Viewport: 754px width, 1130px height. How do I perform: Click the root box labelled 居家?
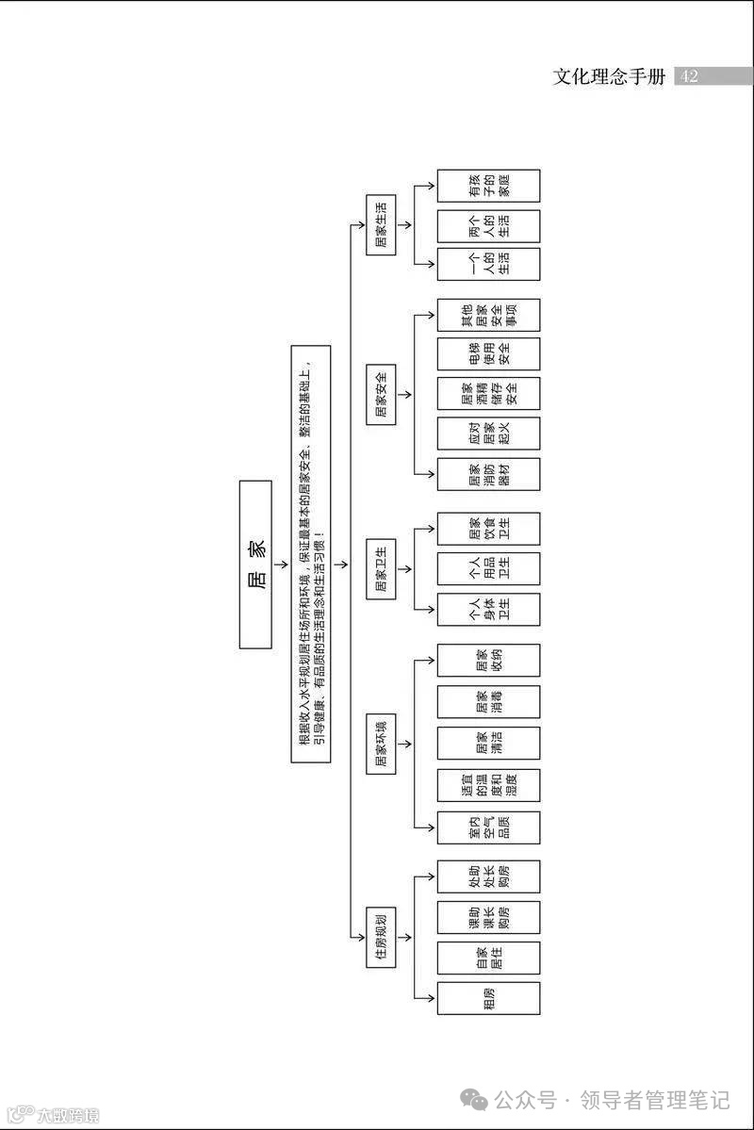click(x=255, y=564)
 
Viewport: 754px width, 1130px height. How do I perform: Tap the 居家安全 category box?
click(x=380, y=393)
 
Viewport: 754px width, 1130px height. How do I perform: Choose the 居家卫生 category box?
click(x=380, y=568)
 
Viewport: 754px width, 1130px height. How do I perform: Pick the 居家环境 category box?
click(x=380, y=745)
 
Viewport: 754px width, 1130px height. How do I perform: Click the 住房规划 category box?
click(x=380, y=937)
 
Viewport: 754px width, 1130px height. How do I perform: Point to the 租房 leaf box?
click(x=488, y=998)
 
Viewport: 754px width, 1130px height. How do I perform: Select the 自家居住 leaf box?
click(x=488, y=958)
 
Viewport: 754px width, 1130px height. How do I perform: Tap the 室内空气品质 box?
click(x=488, y=827)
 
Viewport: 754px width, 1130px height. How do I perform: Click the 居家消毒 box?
click(x=488, y=701)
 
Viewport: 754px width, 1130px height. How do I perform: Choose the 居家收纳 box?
click(x=488, y=660)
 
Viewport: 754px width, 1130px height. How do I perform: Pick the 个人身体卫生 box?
click(x=488, y=610)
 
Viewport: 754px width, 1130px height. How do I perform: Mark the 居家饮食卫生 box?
click(x=488, y=529)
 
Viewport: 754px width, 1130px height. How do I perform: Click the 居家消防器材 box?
click(x=488, y=474)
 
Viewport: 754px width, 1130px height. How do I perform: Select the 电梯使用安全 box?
click(x=488, y=353)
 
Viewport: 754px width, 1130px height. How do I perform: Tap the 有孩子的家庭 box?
click(x=488, y=186)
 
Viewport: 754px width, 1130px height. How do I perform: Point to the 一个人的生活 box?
click(x=488, y=264)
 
